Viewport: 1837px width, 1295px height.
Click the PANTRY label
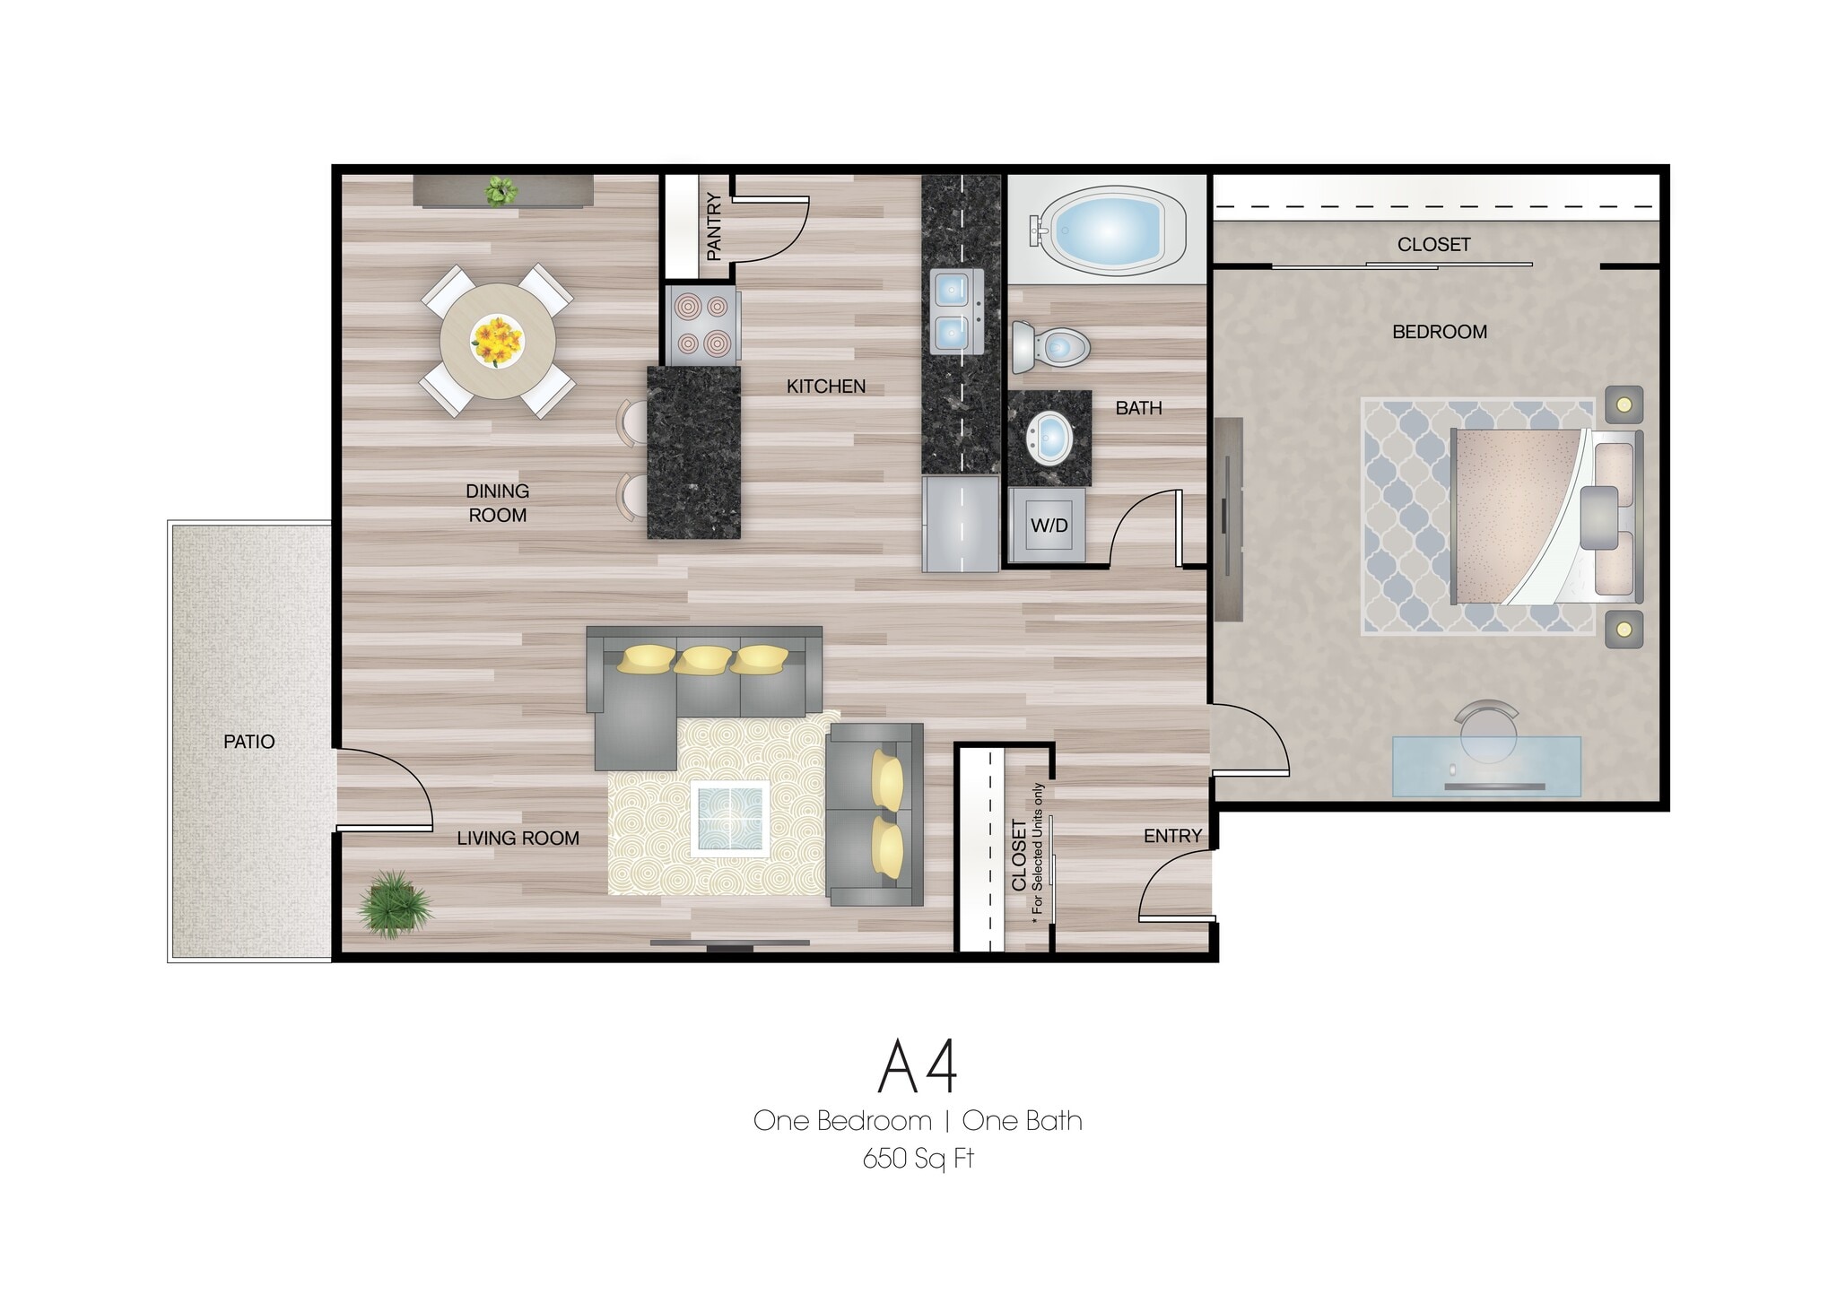click(714, 227)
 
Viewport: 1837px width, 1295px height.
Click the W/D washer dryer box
click(1049, 526)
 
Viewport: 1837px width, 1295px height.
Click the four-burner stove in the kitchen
click(702, 325)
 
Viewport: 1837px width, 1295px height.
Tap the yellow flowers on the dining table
click(497, 340)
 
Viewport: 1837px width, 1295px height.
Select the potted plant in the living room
click(394, 904)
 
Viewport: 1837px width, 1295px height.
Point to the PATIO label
click(248, 742)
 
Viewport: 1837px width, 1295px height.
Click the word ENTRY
click(1172, 836)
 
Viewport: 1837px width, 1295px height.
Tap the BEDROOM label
click(1439, 332)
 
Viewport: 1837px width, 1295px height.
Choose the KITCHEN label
click(825, 387)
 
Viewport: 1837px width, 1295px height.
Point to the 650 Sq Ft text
click(918, 1160)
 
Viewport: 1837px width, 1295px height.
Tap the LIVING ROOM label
click(518, 839)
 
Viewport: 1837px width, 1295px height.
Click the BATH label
click(1138, 408)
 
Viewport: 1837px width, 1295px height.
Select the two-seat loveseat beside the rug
click(875, 814)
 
